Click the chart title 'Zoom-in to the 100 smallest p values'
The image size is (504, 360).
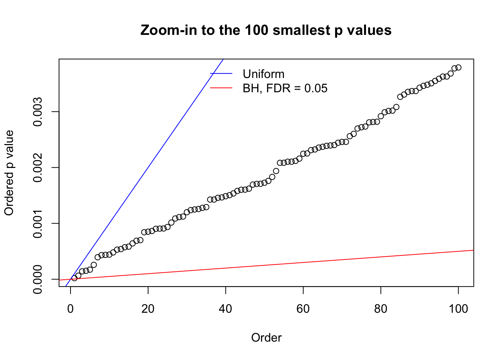266,30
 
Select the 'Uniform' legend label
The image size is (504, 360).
263,74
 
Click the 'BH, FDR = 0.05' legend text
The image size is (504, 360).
285,88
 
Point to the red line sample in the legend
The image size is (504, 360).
221,88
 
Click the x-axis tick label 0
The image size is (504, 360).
70,309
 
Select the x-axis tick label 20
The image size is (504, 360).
148,309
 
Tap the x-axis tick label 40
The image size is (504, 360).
226,309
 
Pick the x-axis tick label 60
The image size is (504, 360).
303,309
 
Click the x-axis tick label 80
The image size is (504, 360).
381,309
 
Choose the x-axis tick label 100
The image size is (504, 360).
458,309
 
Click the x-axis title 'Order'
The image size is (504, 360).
266,338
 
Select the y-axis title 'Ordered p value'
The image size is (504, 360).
9,173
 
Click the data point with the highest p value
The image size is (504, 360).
458,67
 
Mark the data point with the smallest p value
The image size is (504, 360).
74,278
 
